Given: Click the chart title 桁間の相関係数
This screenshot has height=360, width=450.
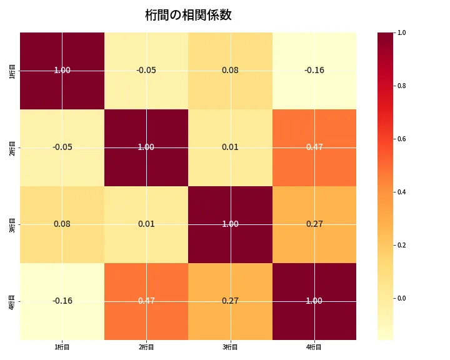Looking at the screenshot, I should (x=188, y=15).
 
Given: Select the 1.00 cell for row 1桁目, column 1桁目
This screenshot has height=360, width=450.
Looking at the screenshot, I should (x=62, y=70).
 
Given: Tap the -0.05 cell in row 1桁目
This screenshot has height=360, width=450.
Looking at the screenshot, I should (x=146, y=70).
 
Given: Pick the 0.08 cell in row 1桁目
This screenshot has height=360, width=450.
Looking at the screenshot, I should (x=230, y=70).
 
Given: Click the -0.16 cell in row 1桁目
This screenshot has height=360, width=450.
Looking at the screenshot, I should (x=314, y=70).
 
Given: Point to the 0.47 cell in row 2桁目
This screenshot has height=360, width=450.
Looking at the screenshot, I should (x=314, y=147).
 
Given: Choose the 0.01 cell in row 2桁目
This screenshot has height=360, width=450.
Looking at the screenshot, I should (x=230, y=147).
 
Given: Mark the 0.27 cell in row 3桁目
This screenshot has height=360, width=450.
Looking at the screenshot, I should (x=314, y=224).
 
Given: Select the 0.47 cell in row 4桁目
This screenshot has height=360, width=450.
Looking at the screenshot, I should (x=146, y=301).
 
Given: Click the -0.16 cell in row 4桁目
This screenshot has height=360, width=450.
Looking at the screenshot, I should (x=62, y=301).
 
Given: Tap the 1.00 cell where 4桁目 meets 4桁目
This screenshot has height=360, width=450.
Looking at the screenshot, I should (x=314, y=301).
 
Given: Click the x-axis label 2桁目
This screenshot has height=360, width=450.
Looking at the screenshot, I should (x=146, y=347).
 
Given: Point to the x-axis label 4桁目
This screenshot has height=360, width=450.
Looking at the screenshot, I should (x=314, y=347).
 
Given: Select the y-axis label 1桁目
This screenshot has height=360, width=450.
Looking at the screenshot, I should (x=13, y=71).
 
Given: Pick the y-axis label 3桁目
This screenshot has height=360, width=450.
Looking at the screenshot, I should (x=13, y=224).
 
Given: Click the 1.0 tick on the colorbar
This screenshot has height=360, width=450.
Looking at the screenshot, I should (x=401, y=32).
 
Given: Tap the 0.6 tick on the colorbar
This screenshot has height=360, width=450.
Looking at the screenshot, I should (x=401, y=139).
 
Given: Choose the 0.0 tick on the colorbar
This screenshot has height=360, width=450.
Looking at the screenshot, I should (x=401, y=298).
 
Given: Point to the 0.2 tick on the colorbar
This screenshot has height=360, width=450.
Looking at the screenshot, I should (x=401, y=245).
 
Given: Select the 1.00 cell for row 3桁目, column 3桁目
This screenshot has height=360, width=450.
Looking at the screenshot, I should (x=230, y=224).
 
